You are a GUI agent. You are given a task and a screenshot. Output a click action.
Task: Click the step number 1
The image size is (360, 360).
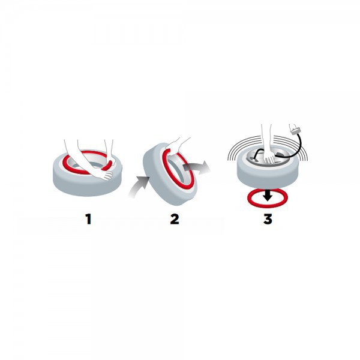point(88,219)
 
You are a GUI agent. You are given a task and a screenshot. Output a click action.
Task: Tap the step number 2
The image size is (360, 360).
point(175,219)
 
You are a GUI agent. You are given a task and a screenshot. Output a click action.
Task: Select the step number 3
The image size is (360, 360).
point(268,219)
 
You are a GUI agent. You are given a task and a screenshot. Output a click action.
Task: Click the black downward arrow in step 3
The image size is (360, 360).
point(268,195)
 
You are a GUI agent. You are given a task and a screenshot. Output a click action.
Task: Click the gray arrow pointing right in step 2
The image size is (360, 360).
point(197,167)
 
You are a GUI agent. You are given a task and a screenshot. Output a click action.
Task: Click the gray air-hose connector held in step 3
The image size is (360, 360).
point(295,131)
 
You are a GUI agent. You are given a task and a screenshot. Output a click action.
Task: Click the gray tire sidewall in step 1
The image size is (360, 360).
point(87,184)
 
